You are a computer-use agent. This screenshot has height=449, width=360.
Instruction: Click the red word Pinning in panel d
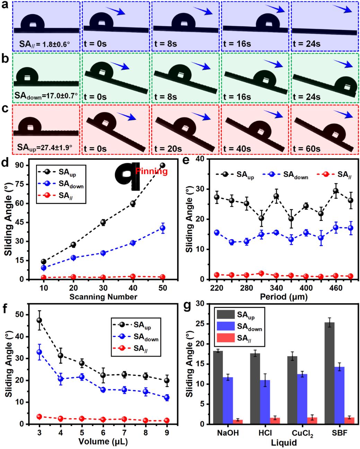(151, 171)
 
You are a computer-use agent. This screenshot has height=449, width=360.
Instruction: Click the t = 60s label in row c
(307, 149)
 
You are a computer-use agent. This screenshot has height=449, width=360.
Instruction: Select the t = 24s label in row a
(307, 44)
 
